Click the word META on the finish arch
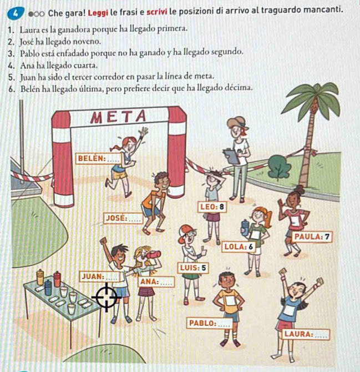click(x=118, y=117)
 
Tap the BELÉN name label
click(x=99, y=158)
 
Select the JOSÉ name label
click(x=124, y=218)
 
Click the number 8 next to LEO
click(x=221, y=207)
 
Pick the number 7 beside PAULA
click(x=327, y=237)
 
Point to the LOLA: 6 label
click(x=239, y=247)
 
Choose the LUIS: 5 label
click(x=193, y=268)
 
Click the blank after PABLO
click(x=224, y=324)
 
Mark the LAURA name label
click(x=306, y=334)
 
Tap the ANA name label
click(x=156, y=282)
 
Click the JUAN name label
click(x=99, y=277)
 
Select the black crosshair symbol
click(x=107, y=297)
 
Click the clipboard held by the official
click(x=232, y=156)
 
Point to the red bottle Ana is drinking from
click(x=154, y=255)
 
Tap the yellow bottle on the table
click(x=40, y=277)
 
